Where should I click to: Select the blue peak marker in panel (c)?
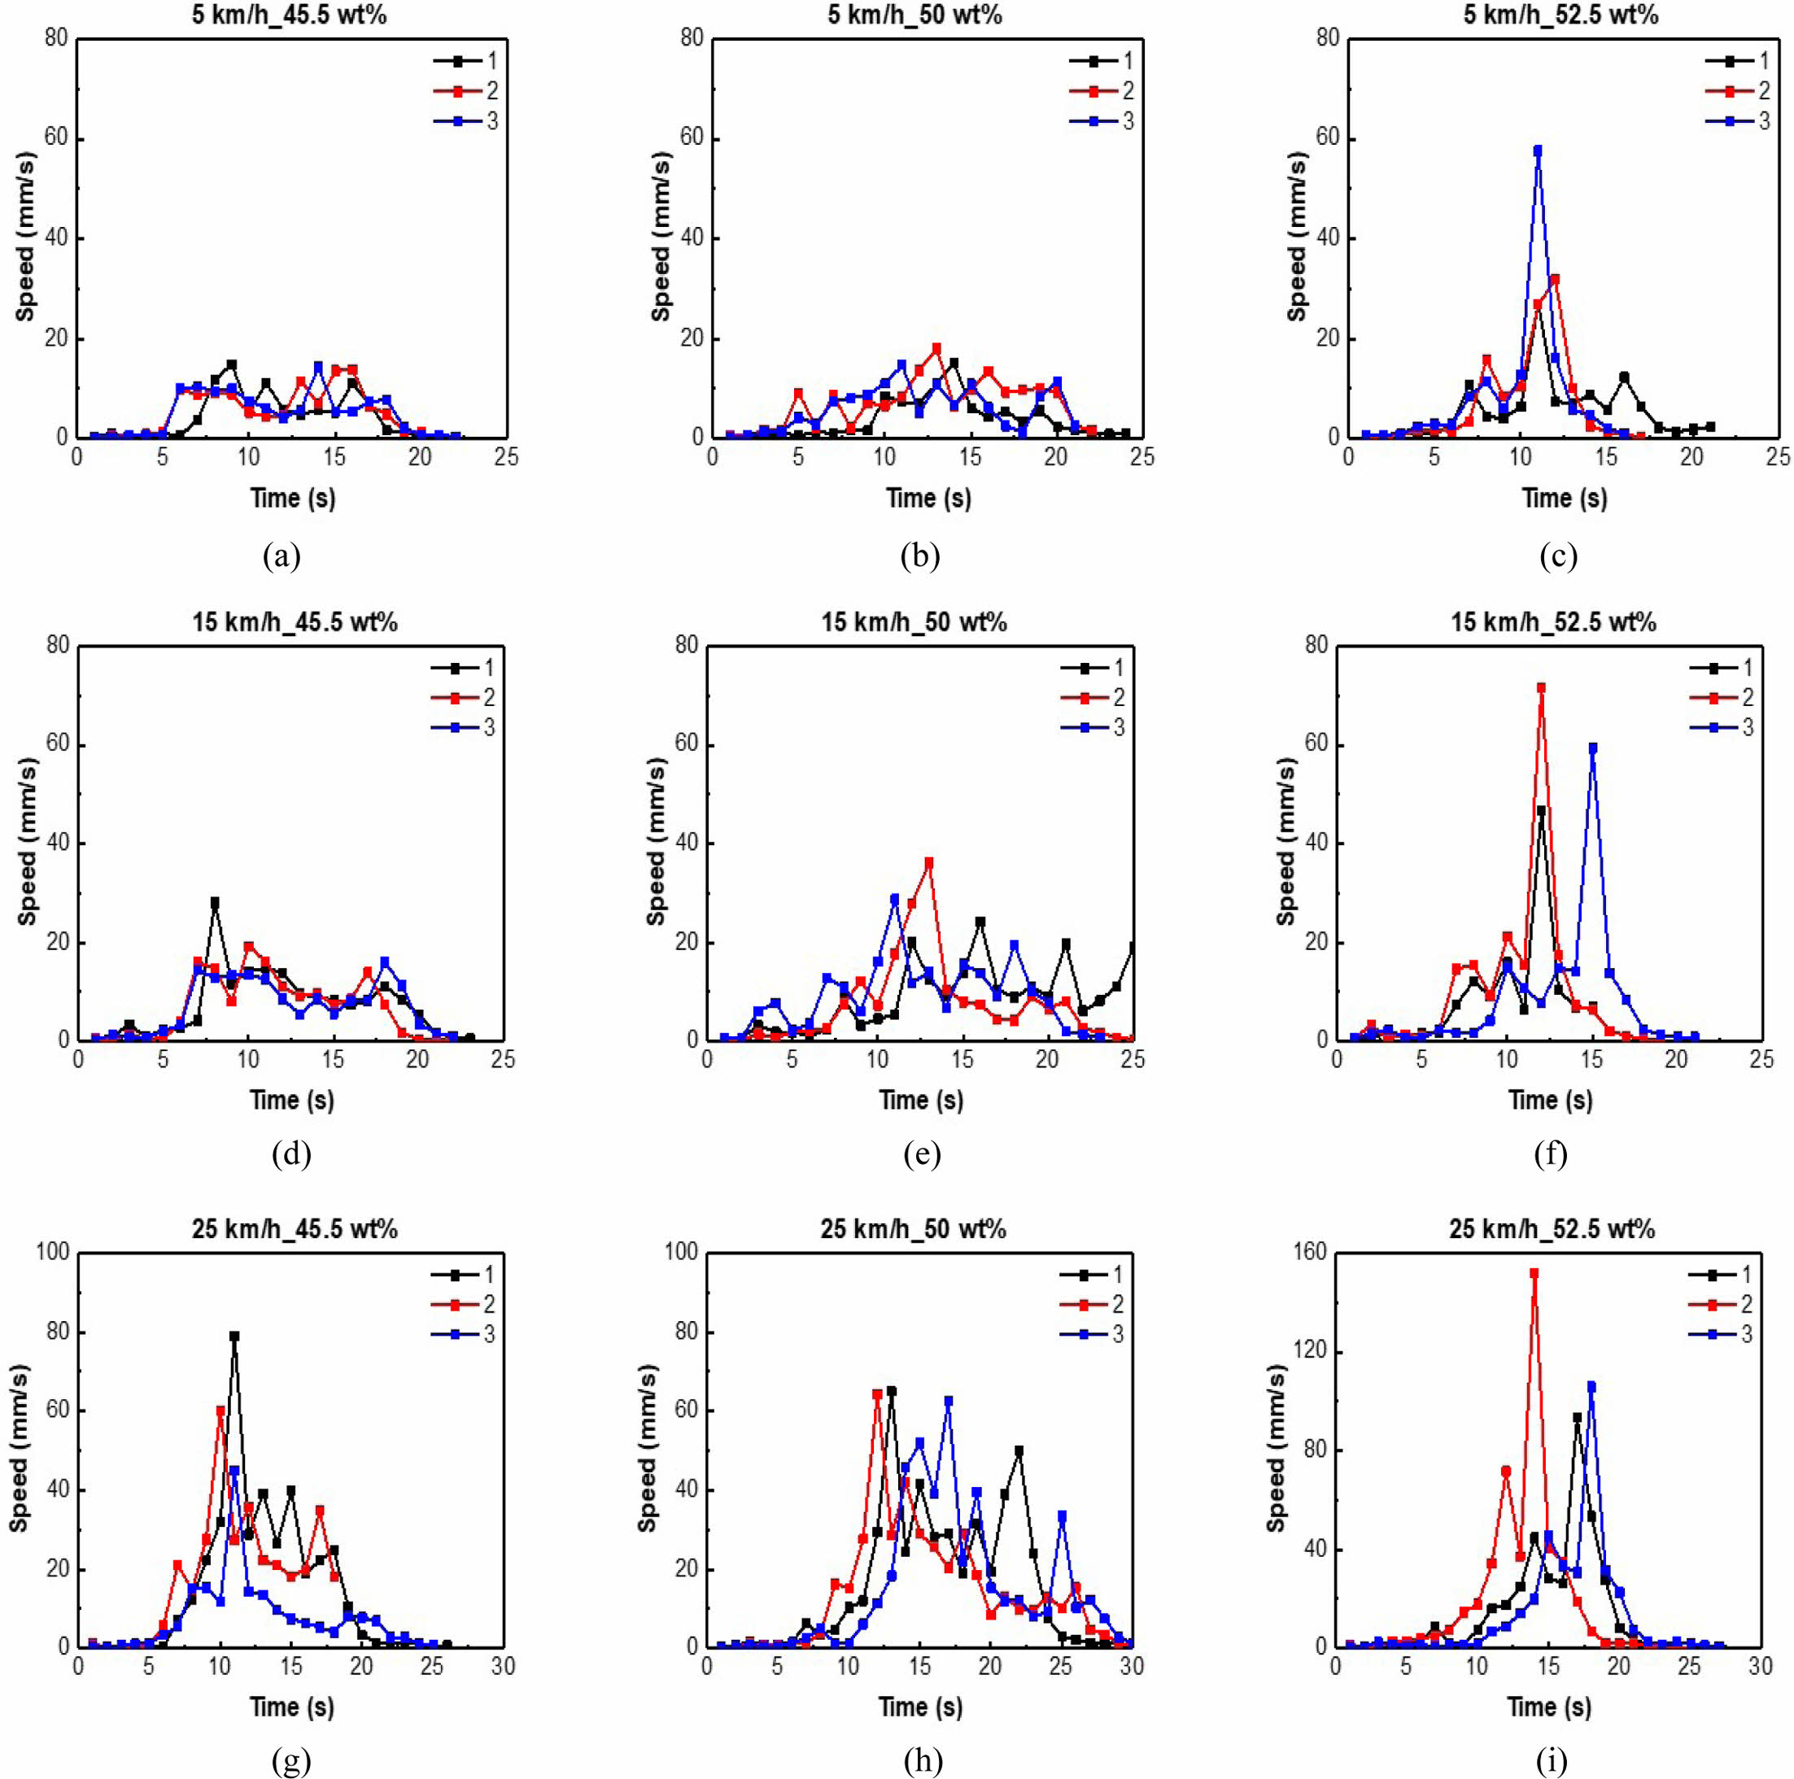tap(1538, 150)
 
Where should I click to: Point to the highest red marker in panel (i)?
tap(1534, 1274)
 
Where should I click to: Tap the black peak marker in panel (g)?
tap(234, 1336)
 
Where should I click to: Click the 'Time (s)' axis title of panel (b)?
tap(928, 499)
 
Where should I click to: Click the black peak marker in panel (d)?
tap(215, 901)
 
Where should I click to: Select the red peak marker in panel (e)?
tap(928, 862)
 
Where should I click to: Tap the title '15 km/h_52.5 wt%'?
tap(1553, 622)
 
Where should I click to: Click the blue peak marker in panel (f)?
tap(1592, 748)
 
